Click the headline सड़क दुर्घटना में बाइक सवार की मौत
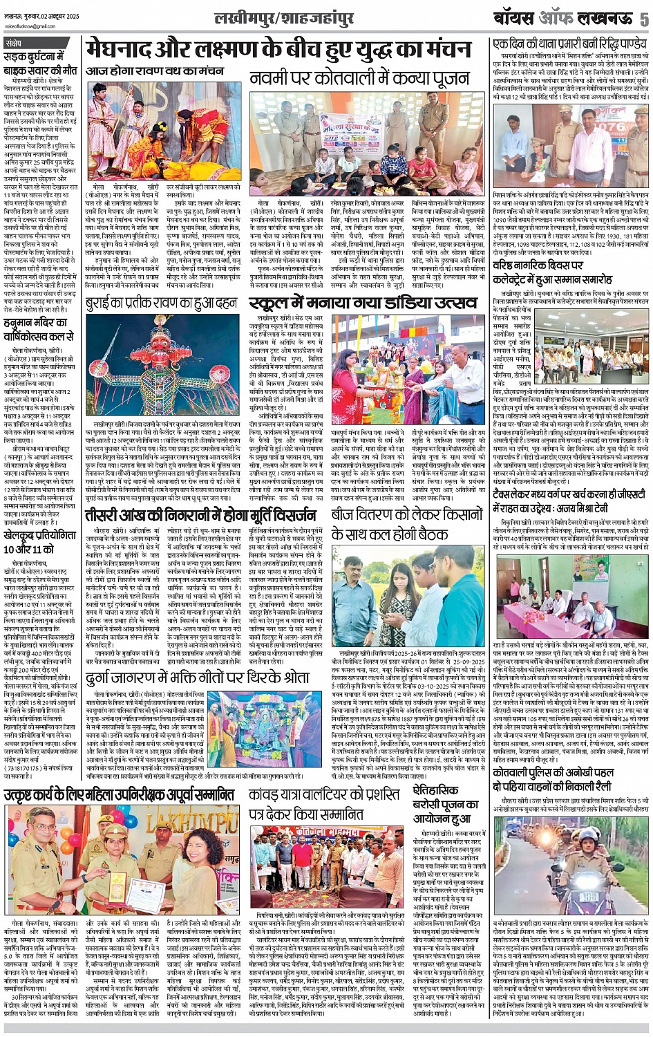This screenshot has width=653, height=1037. click(x=40, y=64)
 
